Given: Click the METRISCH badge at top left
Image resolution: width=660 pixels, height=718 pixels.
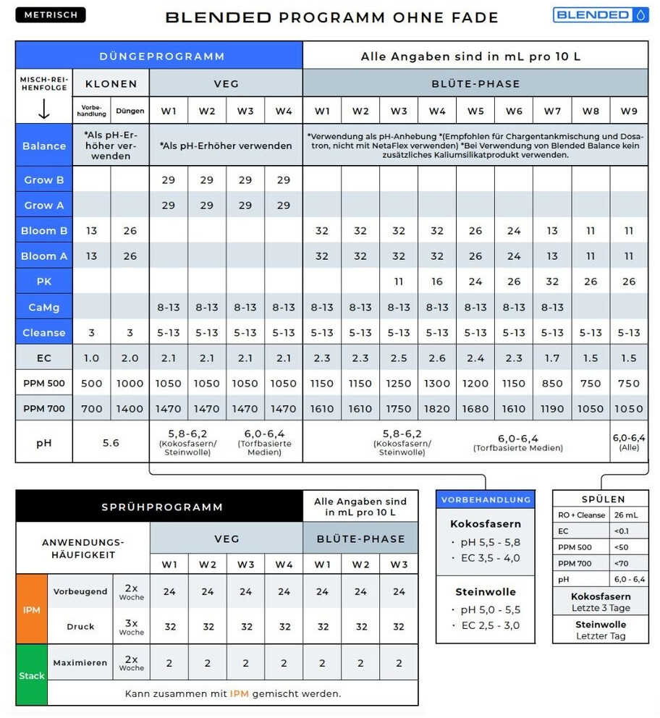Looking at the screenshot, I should click(x=50, y=14).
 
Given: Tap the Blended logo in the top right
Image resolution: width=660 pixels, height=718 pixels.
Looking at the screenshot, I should click(x=601, y=14).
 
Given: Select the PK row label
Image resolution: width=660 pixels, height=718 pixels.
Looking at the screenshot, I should click(x=43, y=282).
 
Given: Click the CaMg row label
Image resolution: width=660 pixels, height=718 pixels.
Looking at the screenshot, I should click(x=43, y=308).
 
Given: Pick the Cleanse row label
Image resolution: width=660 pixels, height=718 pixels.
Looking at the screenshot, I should click(x=43, y=333).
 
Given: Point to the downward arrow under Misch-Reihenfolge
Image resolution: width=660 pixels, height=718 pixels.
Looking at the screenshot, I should click(x=43, y=109).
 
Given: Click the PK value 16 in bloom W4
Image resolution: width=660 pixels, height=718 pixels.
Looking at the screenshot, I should click(x=437, y=282).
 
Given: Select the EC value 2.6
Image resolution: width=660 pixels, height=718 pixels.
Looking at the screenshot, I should click(x=437, y=358).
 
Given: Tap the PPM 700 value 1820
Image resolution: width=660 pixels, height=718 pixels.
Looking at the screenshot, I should click(x=437, y=409).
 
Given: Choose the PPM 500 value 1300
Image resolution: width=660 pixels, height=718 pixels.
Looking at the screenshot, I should click(x=437, y=384).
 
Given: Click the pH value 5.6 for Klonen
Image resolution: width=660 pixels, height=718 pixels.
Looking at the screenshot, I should click(x=111, y=442).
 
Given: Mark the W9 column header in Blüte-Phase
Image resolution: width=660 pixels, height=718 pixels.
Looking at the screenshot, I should click(x=628, y=111).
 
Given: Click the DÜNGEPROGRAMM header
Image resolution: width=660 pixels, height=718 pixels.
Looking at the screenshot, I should click(x=162, y=56).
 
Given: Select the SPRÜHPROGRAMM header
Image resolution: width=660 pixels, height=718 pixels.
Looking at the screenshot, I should click(x=162, y=507).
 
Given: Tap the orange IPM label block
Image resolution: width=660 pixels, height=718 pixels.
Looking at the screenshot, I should click(x=31, y=610).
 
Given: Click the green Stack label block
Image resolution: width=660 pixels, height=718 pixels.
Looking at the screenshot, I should click(x=31, y=675).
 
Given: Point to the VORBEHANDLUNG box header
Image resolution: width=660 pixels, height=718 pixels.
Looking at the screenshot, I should click(x=486, y=499).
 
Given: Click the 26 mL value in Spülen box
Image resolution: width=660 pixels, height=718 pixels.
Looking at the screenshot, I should click(x=626, y=515).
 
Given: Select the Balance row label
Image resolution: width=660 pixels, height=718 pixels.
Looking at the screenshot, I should click(x=43, y=145).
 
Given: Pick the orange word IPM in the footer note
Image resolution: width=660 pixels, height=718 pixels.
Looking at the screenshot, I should click(x=240, y=693).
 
